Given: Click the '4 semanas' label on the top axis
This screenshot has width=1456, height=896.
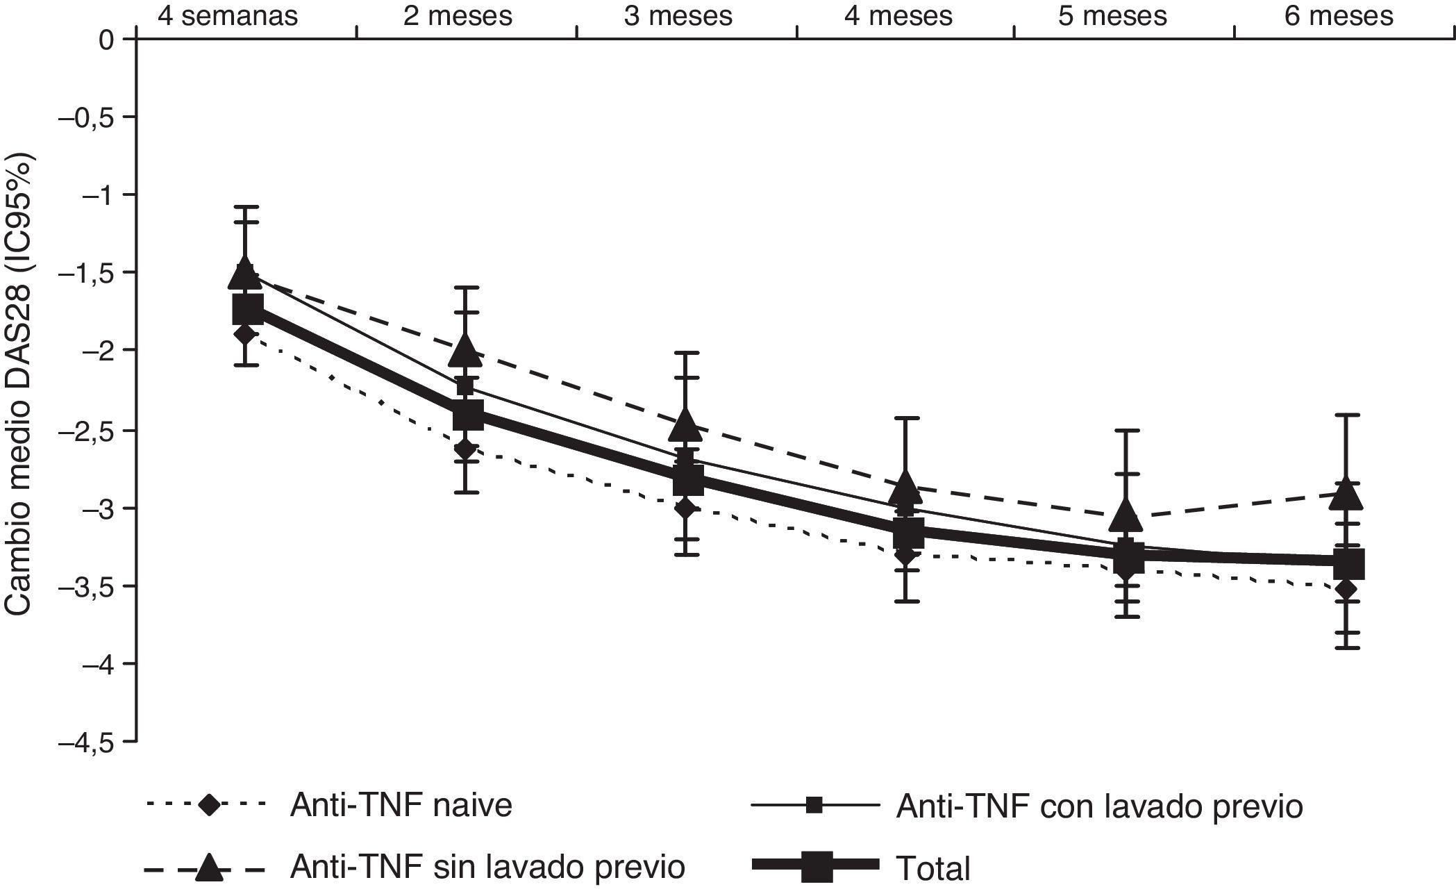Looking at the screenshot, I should pos(228,15).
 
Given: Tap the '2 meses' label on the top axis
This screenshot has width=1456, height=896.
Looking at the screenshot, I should pos(458,15).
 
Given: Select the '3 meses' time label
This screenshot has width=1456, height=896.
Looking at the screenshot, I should pos(678,15).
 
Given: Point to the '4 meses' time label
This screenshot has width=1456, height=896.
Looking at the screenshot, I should pos(898,15).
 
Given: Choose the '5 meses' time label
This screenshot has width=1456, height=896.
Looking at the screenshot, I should pos(1112,15).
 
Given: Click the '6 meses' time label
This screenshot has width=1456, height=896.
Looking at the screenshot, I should pos(1339,15).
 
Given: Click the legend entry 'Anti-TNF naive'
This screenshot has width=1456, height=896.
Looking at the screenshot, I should pos(401,806).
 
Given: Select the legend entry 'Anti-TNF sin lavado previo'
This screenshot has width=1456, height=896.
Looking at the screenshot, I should pos(487,867).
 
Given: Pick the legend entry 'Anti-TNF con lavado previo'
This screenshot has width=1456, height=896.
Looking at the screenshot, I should pos(1099,806).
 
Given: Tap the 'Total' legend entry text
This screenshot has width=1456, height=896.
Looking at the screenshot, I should pos(932,868).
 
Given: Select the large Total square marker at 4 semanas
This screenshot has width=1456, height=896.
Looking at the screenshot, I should pos(248,309).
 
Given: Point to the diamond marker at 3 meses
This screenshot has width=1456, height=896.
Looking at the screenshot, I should pos(686,508).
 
